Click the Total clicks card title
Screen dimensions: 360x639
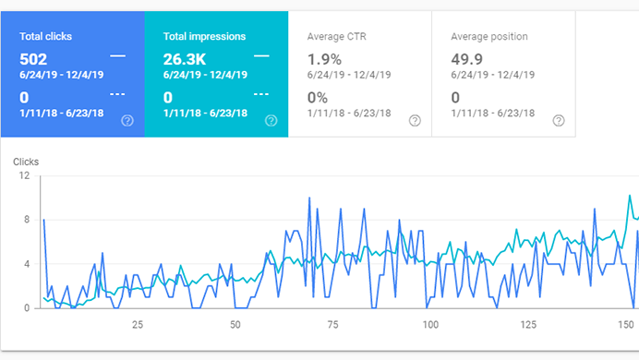(x=45, y=37)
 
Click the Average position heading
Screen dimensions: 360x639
(x=488, y=37)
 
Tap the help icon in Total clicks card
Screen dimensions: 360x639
(x=127, y=120)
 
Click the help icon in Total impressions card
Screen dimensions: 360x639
(x=271, y=120)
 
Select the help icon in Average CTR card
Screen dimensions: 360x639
(x=415, y=120)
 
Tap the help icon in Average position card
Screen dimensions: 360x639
(x=558, y=120)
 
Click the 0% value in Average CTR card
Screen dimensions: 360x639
(x=317, y=96)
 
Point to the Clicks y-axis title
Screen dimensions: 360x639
(x=26, y=162)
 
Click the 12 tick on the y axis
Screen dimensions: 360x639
(x=26, y=175)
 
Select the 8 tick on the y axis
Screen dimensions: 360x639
(x=28, y=220)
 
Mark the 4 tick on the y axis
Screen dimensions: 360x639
(x=28, y=264)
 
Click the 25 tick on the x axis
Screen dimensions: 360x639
(x=138, y=324)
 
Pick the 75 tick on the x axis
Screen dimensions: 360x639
(x=332, y=324)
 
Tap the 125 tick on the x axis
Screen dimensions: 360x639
(x=527, y=324)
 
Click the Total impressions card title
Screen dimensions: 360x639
(x=204, y=37)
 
